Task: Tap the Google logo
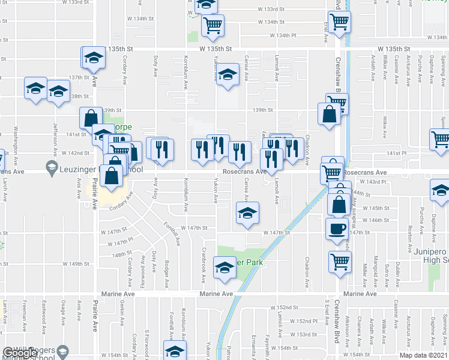pyautogui.click(x=20, y=352)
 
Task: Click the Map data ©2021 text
pyautogui.click(x=424, y=355)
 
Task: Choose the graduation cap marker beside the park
pyautogui.click(x=224, y=268)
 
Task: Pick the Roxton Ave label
pyautogui.click(x=410, y=236)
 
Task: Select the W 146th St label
pyautogui.click(x=382, y=220)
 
